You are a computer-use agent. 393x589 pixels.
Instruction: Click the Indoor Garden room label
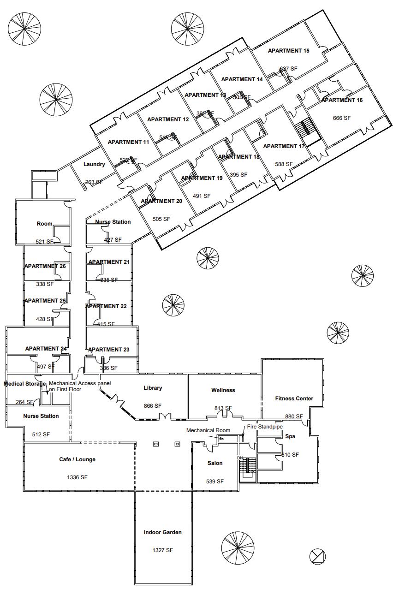click(162, 532)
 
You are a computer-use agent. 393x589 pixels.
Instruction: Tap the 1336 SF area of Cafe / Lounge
click(77, 477)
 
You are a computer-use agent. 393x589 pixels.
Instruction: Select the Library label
click(153, 388)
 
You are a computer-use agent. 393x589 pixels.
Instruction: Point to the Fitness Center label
click(294, 399)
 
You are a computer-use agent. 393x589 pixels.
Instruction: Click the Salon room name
click(215, 463)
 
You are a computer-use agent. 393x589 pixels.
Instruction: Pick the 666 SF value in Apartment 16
click(341, 118)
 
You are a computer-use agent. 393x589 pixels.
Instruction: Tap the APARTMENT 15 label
click(288, 51)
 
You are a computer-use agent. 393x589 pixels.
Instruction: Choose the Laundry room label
click(94, 164)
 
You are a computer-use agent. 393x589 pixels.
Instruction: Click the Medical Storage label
click(25, 384)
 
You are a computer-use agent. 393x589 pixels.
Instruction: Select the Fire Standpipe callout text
click(265, 427)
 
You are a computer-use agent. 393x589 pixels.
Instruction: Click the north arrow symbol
click(318, 556)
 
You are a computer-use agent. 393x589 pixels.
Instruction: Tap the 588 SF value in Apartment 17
click(284, 164)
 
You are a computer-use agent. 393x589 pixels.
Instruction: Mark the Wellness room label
click(223, 390)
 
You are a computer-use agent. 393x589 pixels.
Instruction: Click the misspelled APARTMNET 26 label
click(45, 266)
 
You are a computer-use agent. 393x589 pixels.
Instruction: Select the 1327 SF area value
click(162, 550)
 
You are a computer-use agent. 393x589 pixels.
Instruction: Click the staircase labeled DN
click(249, 466)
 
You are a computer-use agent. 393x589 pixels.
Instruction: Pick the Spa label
click(290, 436)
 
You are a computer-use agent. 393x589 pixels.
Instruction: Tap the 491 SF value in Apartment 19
click(201, 196)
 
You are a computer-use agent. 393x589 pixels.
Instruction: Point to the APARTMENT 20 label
click(161, 201)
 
